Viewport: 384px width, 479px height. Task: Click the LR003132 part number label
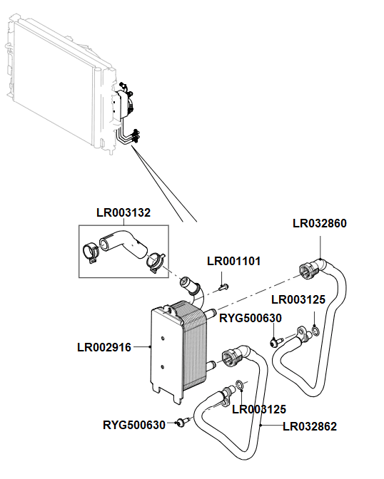point(123,212)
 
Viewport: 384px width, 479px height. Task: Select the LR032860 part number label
point(320,223)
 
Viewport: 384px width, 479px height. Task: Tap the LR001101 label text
point(233,262)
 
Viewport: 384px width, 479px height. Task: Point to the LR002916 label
point(104,348)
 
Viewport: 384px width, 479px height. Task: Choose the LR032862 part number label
point(310,427)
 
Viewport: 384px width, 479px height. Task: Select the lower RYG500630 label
point(134,425)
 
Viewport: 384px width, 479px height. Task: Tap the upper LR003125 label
point(298,299)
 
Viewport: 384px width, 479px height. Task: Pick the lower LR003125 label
point(259,409)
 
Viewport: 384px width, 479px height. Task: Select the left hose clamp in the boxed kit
point(90,252)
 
